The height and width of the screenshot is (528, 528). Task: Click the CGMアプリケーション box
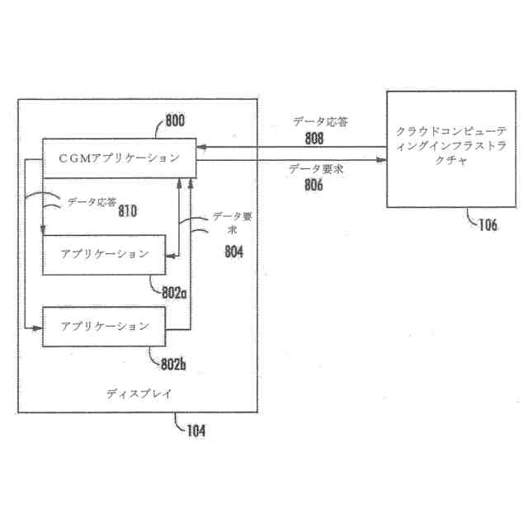119,158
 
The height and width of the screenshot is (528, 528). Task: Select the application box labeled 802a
105,253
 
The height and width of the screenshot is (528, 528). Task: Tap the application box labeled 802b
105,326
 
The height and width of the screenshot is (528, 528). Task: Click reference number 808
313,138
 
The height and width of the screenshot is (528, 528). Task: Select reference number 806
313,186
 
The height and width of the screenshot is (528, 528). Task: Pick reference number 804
233,252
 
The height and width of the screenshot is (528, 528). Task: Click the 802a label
174,292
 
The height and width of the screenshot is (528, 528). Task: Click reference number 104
196,430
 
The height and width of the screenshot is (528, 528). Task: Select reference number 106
487,225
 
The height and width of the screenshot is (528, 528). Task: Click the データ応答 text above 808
319,122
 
